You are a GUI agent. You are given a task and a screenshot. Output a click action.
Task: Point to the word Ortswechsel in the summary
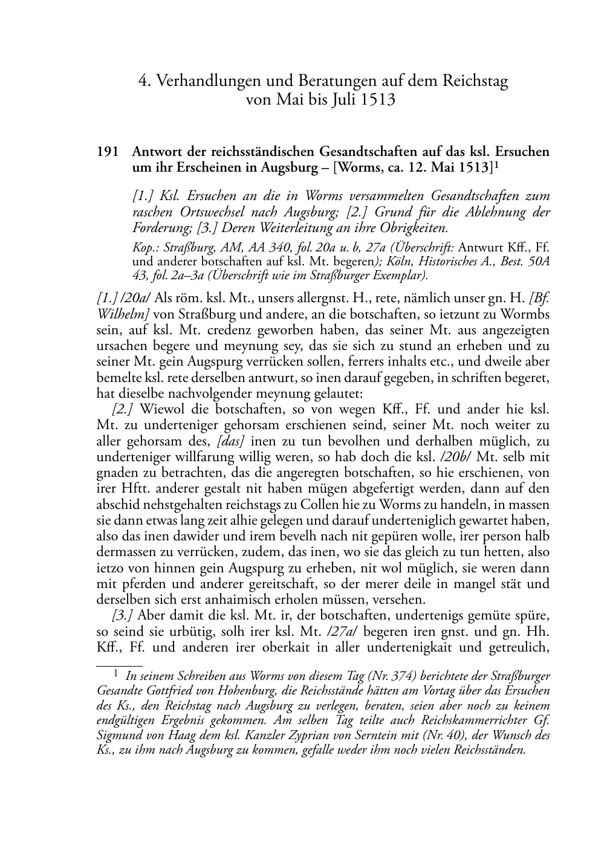tap(211, 213)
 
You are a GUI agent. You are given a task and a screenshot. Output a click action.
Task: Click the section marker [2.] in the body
tap(123, 410)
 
